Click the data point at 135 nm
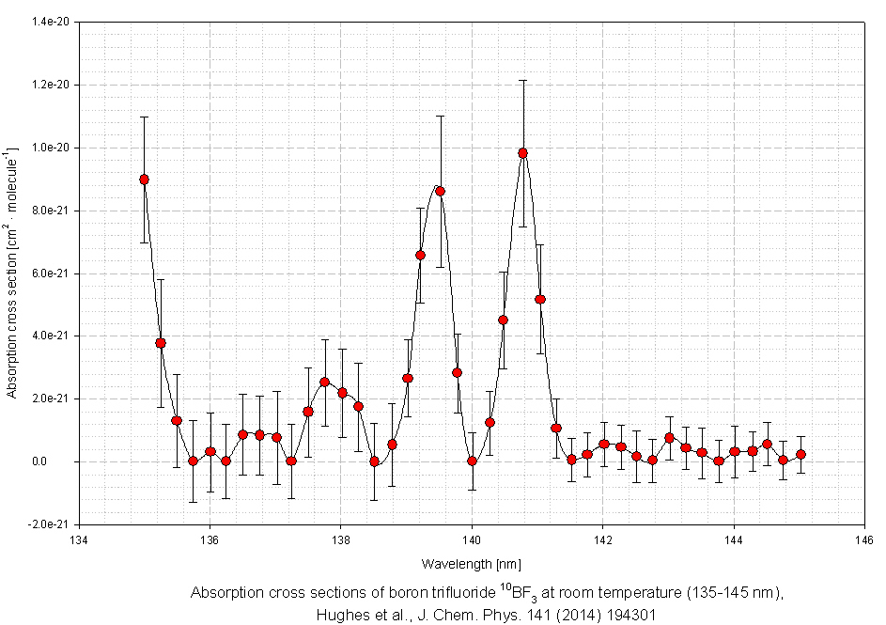(144, 180)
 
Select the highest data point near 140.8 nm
(522, 153)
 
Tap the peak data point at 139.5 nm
(440, 191)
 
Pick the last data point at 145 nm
(801, 454)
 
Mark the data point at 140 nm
(472, 461)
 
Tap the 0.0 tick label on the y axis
(64, 461)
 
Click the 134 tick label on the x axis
(80, 539)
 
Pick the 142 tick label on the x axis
(603, 539)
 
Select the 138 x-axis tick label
(341, 539)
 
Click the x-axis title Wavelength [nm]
(471, 563)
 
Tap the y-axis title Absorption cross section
(11, 273)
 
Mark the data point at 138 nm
(341, 392)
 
